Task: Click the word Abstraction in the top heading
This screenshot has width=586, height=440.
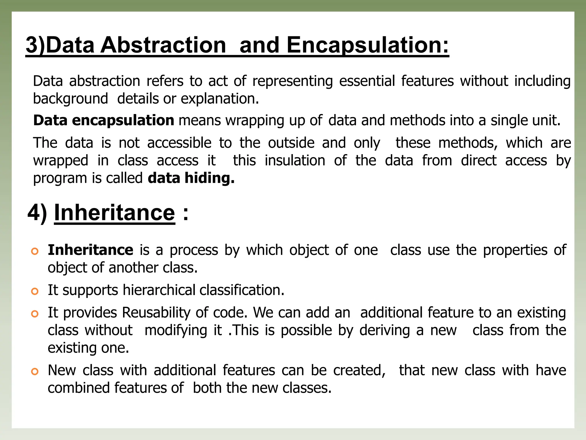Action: (x=163, y=45)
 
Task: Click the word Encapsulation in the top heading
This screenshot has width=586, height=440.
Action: (x=368, y=45)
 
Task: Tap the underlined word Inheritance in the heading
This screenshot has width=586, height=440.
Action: (x=114, y=213)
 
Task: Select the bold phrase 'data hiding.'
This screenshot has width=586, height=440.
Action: (x=191, y=178)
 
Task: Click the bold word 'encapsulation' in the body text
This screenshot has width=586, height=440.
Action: (x=123, y=120)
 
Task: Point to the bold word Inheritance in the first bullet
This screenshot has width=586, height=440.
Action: (x=90, y=250)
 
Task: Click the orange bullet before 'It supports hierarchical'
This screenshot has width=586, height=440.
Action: (x=35, y=291)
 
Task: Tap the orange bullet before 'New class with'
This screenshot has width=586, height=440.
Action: (x=35, y=372)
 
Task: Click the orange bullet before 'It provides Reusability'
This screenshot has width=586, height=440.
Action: (x=35, y=314)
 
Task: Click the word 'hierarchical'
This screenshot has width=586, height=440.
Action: (x=159, y=290)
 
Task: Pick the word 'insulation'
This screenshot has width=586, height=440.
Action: (x=295, y=160)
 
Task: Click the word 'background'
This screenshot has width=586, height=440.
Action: (x=70, y=99)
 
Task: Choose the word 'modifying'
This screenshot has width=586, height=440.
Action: (x=176, y=331)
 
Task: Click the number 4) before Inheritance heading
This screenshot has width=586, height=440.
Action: (x=37, y=213)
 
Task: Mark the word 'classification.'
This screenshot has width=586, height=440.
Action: (x=242, y=290)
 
